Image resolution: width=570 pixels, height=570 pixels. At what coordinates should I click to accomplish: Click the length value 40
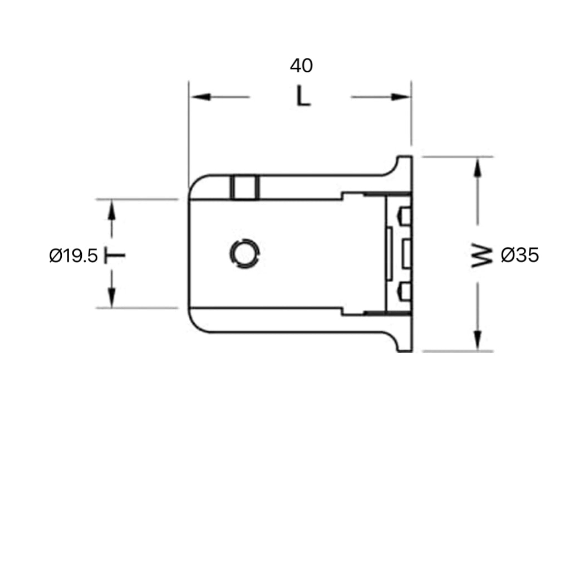(x=301, y=66)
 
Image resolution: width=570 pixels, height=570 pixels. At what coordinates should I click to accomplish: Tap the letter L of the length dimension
(x=302, y=97)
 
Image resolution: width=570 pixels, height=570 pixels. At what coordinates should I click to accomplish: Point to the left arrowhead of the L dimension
(x=200, y=97)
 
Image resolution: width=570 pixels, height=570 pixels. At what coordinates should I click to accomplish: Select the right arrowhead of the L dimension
(x=401, y=97)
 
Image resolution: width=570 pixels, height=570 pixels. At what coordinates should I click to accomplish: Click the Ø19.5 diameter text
(x=73, y=256)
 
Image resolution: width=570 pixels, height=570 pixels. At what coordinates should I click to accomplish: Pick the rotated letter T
(x=115, y=256)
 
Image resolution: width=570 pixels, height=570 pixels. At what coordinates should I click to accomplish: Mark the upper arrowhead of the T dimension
(x=112, y=211)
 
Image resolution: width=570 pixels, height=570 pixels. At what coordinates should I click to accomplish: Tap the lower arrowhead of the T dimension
(x=112, y=296)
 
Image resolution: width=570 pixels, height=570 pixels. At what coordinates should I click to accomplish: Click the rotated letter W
(x=482, y=256)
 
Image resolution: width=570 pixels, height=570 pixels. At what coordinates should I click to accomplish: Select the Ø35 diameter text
(x=520, y=255)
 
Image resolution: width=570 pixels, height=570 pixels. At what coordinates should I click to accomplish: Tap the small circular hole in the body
(x=244, y=254)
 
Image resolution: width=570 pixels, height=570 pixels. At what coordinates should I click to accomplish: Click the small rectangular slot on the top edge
(x=245, y=187)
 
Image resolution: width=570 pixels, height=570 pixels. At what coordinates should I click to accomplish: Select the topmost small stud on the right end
(x=405, y=216)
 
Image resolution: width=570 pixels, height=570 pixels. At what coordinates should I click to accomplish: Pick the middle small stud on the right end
(x=405, y=253)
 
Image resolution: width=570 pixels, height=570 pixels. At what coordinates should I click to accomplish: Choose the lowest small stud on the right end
(x=405, y=291)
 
